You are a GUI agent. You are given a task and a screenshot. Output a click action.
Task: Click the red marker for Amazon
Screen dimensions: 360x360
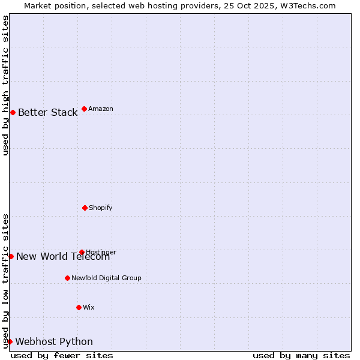[x=84, y=109]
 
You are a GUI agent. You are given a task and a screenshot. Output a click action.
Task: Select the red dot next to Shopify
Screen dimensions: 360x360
[x=85, y=208]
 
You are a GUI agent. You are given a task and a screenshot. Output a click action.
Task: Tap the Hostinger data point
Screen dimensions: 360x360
[x=82, y=252]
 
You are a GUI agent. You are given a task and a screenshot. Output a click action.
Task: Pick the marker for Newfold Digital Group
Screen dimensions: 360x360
[x=67, y=278]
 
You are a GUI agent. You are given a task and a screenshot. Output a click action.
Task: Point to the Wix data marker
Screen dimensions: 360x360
[x=79, y=307]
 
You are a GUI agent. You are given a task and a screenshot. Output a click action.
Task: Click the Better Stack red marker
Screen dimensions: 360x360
[x=13, y=112]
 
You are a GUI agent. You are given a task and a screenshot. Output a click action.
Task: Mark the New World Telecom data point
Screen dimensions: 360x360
[x=11, y=256]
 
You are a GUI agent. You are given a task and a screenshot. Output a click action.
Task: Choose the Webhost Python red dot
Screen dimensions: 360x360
[x=10, y=341]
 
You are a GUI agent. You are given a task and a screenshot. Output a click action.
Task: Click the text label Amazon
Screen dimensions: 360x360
[x=101, y=109]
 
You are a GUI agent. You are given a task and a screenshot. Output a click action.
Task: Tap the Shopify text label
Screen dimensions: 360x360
[x=101, y=208]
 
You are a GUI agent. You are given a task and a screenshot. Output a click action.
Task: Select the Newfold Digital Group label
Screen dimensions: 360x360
[x=106, y=278]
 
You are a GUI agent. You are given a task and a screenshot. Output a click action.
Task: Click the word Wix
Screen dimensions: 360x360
[x=89, y=307]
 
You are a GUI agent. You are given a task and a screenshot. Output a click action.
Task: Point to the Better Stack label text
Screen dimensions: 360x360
[x=48, y=112]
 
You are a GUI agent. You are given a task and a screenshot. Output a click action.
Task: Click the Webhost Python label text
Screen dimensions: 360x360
[x=54, y=341]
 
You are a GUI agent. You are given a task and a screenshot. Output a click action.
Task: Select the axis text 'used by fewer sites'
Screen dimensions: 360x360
[x=62, y=355]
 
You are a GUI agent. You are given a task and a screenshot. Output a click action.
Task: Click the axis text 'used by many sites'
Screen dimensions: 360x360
[x=301, y=355]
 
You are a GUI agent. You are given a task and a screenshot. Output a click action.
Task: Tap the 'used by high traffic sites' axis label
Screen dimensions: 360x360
[x=5, y=85]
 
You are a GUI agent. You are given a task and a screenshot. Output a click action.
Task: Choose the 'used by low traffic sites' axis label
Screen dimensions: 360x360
[x=5, y=281]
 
